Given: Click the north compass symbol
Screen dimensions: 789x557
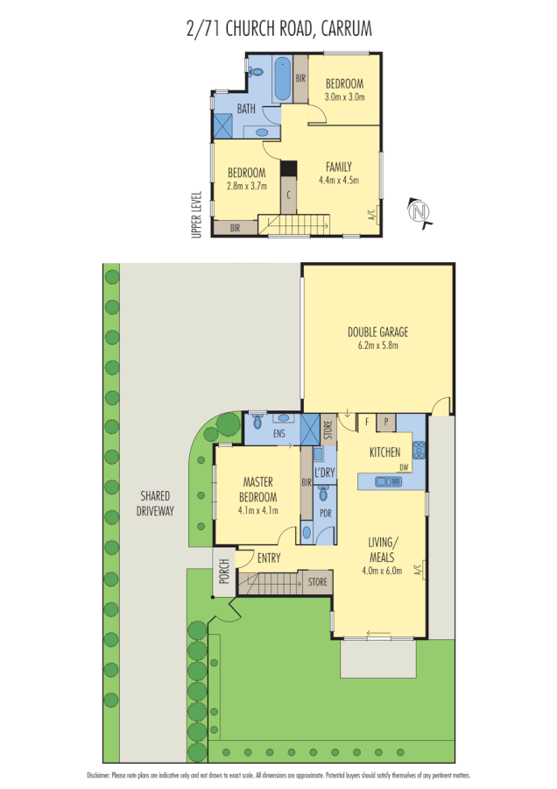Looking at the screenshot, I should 421,212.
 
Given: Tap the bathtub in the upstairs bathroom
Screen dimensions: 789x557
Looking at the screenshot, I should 283,79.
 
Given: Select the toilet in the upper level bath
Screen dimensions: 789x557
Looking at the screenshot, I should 257,71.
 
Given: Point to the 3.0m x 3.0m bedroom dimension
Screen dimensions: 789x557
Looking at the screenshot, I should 344,96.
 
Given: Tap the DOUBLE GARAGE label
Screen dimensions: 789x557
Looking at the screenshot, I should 377,332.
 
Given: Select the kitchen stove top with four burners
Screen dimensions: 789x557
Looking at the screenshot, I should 419,450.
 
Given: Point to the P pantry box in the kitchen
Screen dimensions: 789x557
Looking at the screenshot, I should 385,422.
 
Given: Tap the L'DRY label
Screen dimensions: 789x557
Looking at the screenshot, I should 325,473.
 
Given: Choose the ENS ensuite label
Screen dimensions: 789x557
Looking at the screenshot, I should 279,433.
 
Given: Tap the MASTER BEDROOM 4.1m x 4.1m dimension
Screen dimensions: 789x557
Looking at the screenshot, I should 258,509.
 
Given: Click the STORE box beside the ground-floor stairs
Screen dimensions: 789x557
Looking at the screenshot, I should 316,580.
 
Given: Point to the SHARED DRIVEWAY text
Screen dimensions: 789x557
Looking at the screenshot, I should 154,502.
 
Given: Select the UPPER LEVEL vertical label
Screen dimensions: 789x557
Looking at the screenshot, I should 197,214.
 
